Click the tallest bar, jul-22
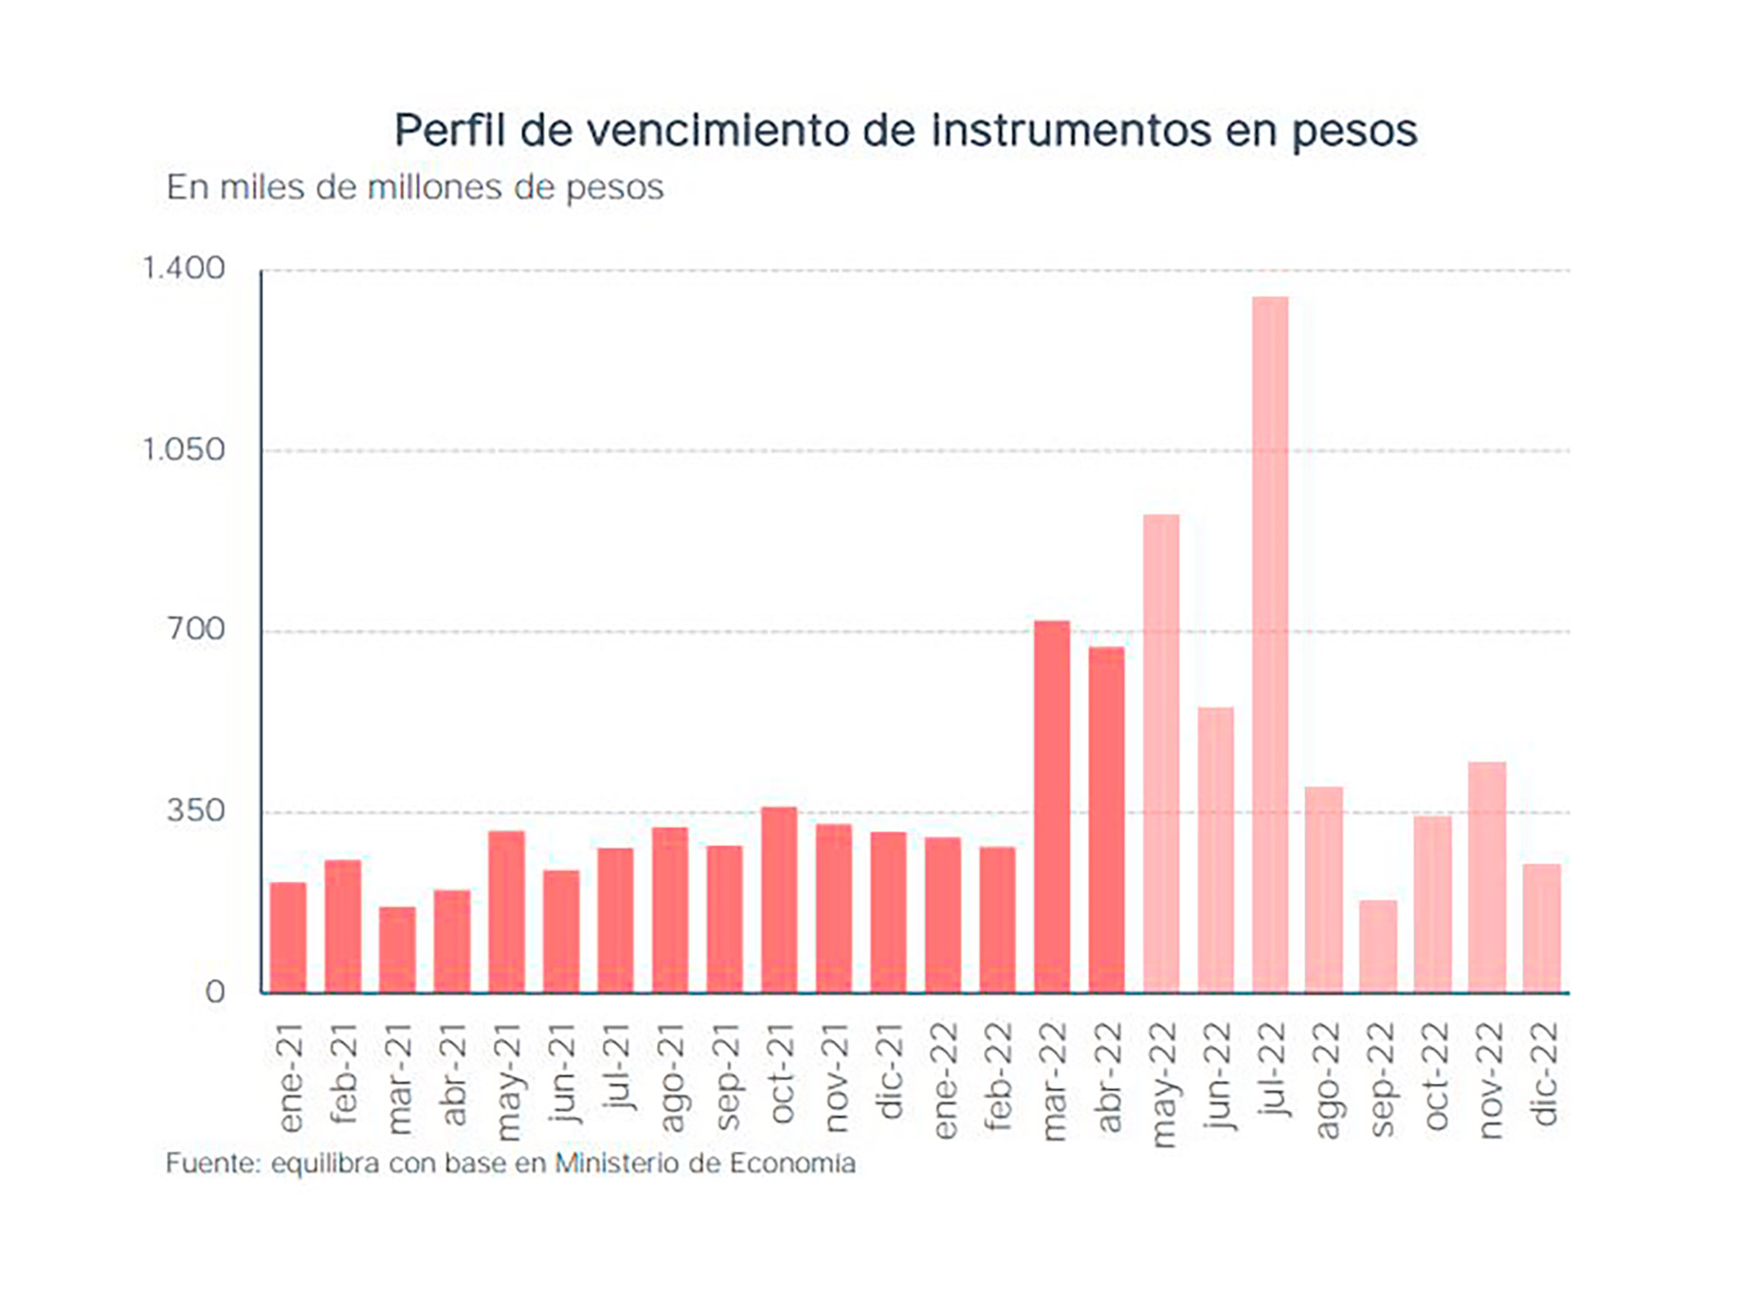coord(1270,644)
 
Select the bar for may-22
coord(1161,752)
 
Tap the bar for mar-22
coord(1051,807)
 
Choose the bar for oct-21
coord(778,899)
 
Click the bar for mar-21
coord(397,949)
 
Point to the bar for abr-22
coord(1107,819)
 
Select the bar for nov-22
coord(1487,877)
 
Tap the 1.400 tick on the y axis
coord(183,268)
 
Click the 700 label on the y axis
coord(195,629)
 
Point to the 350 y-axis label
coord(195,810)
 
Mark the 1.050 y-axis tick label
coord(183,449)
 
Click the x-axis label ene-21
coord(290,1078)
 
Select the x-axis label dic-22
coord(1544,1073)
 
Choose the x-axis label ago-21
coord(671,1078)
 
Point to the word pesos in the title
coord(1354,131)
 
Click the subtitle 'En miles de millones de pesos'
coord(415,188)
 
